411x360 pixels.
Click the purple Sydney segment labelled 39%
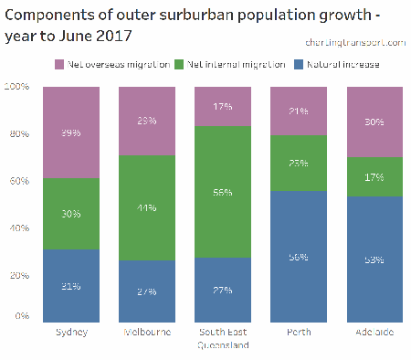[x=71, y=132]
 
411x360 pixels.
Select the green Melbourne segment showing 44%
[x=147, y=208]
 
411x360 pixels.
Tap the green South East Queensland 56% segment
[x=223, y=192]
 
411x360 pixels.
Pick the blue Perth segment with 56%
[x=299, y=258]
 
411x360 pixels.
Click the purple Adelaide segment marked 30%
[x=374, y=122]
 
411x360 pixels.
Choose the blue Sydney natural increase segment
[x=71, y=286]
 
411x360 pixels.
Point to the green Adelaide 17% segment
[x=374, y=176]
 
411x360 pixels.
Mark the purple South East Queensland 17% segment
[x=223, y=106]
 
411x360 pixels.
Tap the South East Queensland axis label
[x=223, y=339]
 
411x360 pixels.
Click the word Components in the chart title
[x=49, y=16]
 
